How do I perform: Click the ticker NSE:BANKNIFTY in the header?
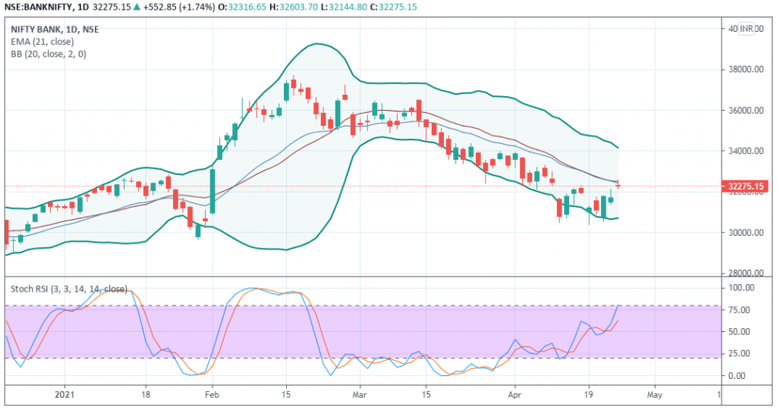point(38,7)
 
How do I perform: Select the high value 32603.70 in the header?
point(297,7)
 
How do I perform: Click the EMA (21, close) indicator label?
point(42,42)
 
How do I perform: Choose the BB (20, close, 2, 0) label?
point(49,54)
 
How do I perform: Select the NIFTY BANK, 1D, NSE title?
point(55,30)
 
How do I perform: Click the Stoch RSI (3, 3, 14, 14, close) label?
point(69,289)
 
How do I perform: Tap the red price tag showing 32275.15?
point(745,186)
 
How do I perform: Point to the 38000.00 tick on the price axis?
point(746,69)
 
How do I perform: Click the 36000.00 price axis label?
point(746,111)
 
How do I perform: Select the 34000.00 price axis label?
point(746,151)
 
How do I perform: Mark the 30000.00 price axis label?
point(746,233)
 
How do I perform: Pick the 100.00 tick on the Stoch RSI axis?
point(741,288)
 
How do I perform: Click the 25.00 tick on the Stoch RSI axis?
point(739,354)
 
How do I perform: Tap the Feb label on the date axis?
point(212,395)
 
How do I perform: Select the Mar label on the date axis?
point(359,395)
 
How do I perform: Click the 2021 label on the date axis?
point(64,395)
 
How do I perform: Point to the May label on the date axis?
point(655,395)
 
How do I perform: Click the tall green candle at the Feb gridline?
point(212,192)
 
